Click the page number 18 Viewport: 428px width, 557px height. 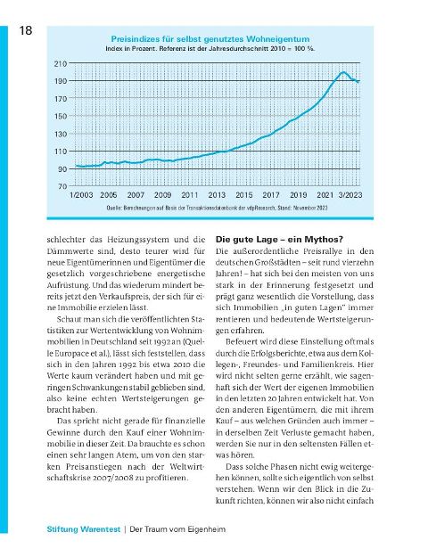(26, 30)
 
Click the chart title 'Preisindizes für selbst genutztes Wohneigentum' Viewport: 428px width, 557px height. (210, 39)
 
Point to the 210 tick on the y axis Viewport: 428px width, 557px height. (61, 64)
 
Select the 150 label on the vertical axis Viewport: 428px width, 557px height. (61, 117)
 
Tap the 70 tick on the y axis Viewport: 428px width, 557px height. (62, 186)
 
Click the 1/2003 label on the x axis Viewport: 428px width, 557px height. (81, 195)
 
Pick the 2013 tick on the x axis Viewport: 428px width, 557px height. (217, 195)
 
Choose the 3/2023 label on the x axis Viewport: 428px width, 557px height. (350, 195)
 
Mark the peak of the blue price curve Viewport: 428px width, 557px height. (343, 72)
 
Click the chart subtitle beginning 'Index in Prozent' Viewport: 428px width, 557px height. (210, 49)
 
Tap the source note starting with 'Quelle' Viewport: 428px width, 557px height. (217, 208)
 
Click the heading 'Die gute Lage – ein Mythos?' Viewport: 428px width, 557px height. (279, 240)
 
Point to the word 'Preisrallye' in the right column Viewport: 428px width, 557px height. (323, 251)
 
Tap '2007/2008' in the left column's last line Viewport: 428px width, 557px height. (113, 479)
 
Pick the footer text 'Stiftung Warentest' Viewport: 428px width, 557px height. (84, 529)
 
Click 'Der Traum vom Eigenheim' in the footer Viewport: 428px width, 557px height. (177, 529)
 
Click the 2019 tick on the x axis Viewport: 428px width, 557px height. (298, 195)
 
